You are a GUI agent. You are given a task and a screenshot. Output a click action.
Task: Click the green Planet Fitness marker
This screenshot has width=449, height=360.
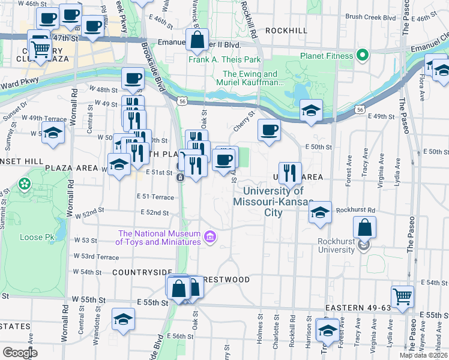coord(362,56)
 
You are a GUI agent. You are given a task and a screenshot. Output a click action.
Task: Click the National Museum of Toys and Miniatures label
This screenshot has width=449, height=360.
coord(159,238)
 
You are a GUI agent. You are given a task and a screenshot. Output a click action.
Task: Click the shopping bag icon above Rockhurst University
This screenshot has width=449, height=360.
coord(365,228)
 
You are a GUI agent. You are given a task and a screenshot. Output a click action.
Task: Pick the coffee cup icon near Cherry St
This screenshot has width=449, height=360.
coord(270,130)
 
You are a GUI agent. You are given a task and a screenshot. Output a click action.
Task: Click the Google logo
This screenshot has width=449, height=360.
coord(20,352)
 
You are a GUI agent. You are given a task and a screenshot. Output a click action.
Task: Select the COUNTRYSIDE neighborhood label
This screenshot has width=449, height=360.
coord(142,272)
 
